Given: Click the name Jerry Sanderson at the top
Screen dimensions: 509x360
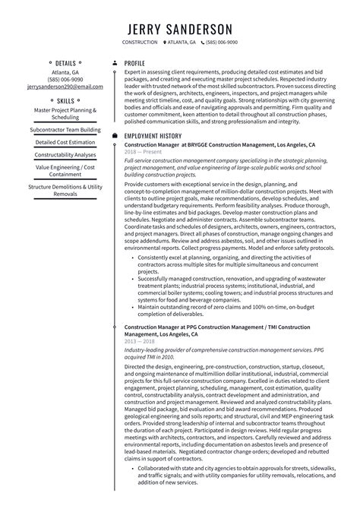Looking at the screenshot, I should click(179, 27).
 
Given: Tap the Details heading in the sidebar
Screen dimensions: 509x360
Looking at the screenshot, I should click(65, 63).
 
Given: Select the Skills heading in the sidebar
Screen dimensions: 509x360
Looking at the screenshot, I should click(65, 100).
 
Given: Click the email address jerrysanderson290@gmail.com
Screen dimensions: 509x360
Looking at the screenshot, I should click(65, 87).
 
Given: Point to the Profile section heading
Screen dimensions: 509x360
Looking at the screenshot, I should click(134, 63).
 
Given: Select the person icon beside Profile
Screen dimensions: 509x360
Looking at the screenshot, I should click(115, 63).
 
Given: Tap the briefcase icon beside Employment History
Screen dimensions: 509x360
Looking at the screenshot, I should click(115, 135).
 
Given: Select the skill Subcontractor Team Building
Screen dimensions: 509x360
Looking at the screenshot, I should click(65, 130).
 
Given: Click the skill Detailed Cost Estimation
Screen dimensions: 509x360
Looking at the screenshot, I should click(65, 142).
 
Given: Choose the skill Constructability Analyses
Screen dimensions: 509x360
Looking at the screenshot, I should click(65, 154).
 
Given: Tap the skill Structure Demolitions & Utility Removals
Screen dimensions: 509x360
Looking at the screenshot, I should click(65, 190).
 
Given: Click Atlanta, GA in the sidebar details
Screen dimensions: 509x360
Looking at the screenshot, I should click(65, 72).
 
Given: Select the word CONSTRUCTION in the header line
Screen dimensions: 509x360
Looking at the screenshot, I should click(141, 43).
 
